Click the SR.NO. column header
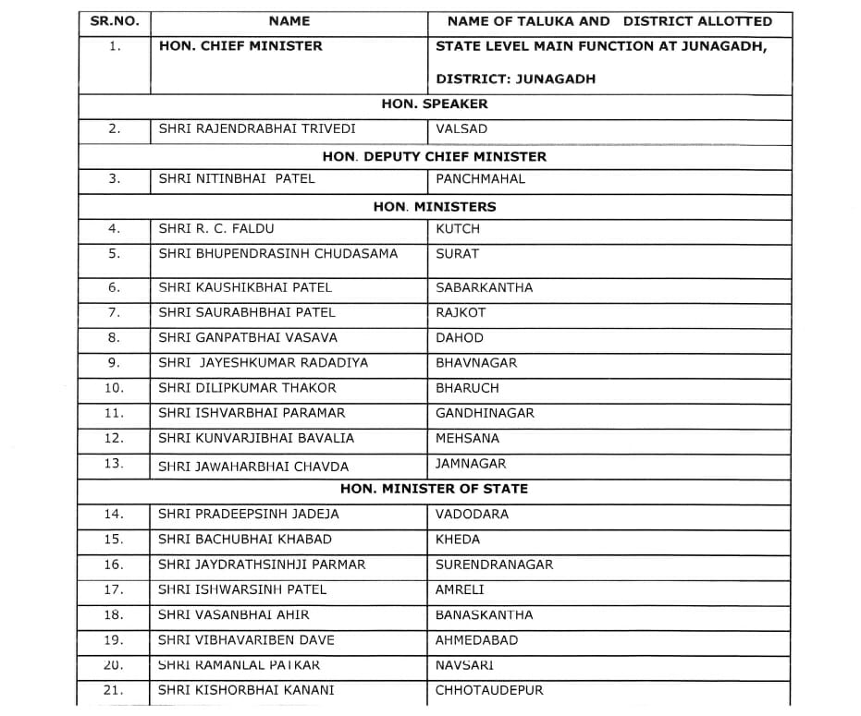(x=114, y=20)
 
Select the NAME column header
(x=289, y=20)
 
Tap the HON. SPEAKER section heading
(x=435, y=104)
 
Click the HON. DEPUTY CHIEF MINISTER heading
(x=435, y=156)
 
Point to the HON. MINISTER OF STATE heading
(x=435, y=489)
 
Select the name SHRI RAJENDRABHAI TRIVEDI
(x=257, y=129)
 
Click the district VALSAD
(x=461, y=129)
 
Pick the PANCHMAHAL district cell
(x=480, y=179)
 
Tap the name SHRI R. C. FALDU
(x=216, y=229)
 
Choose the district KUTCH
(x=458, y=229)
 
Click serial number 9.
(x=114, y=363)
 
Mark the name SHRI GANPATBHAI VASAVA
(x=248, y=338)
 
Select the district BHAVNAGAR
(x=476, y=363)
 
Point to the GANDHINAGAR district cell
(x=485, y=413)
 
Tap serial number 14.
(x=114, y=515)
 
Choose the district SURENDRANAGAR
(x=494, y=564)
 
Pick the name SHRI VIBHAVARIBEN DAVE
(x=247, y=640)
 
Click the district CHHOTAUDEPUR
(x=489, y=690)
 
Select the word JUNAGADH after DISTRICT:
(x=556, y=79)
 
